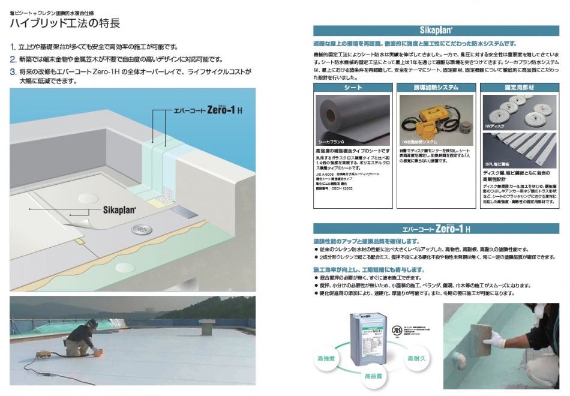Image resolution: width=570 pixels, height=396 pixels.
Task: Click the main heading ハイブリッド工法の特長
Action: click(65, 24)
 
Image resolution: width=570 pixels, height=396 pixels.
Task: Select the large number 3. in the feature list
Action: click(13, 71)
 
